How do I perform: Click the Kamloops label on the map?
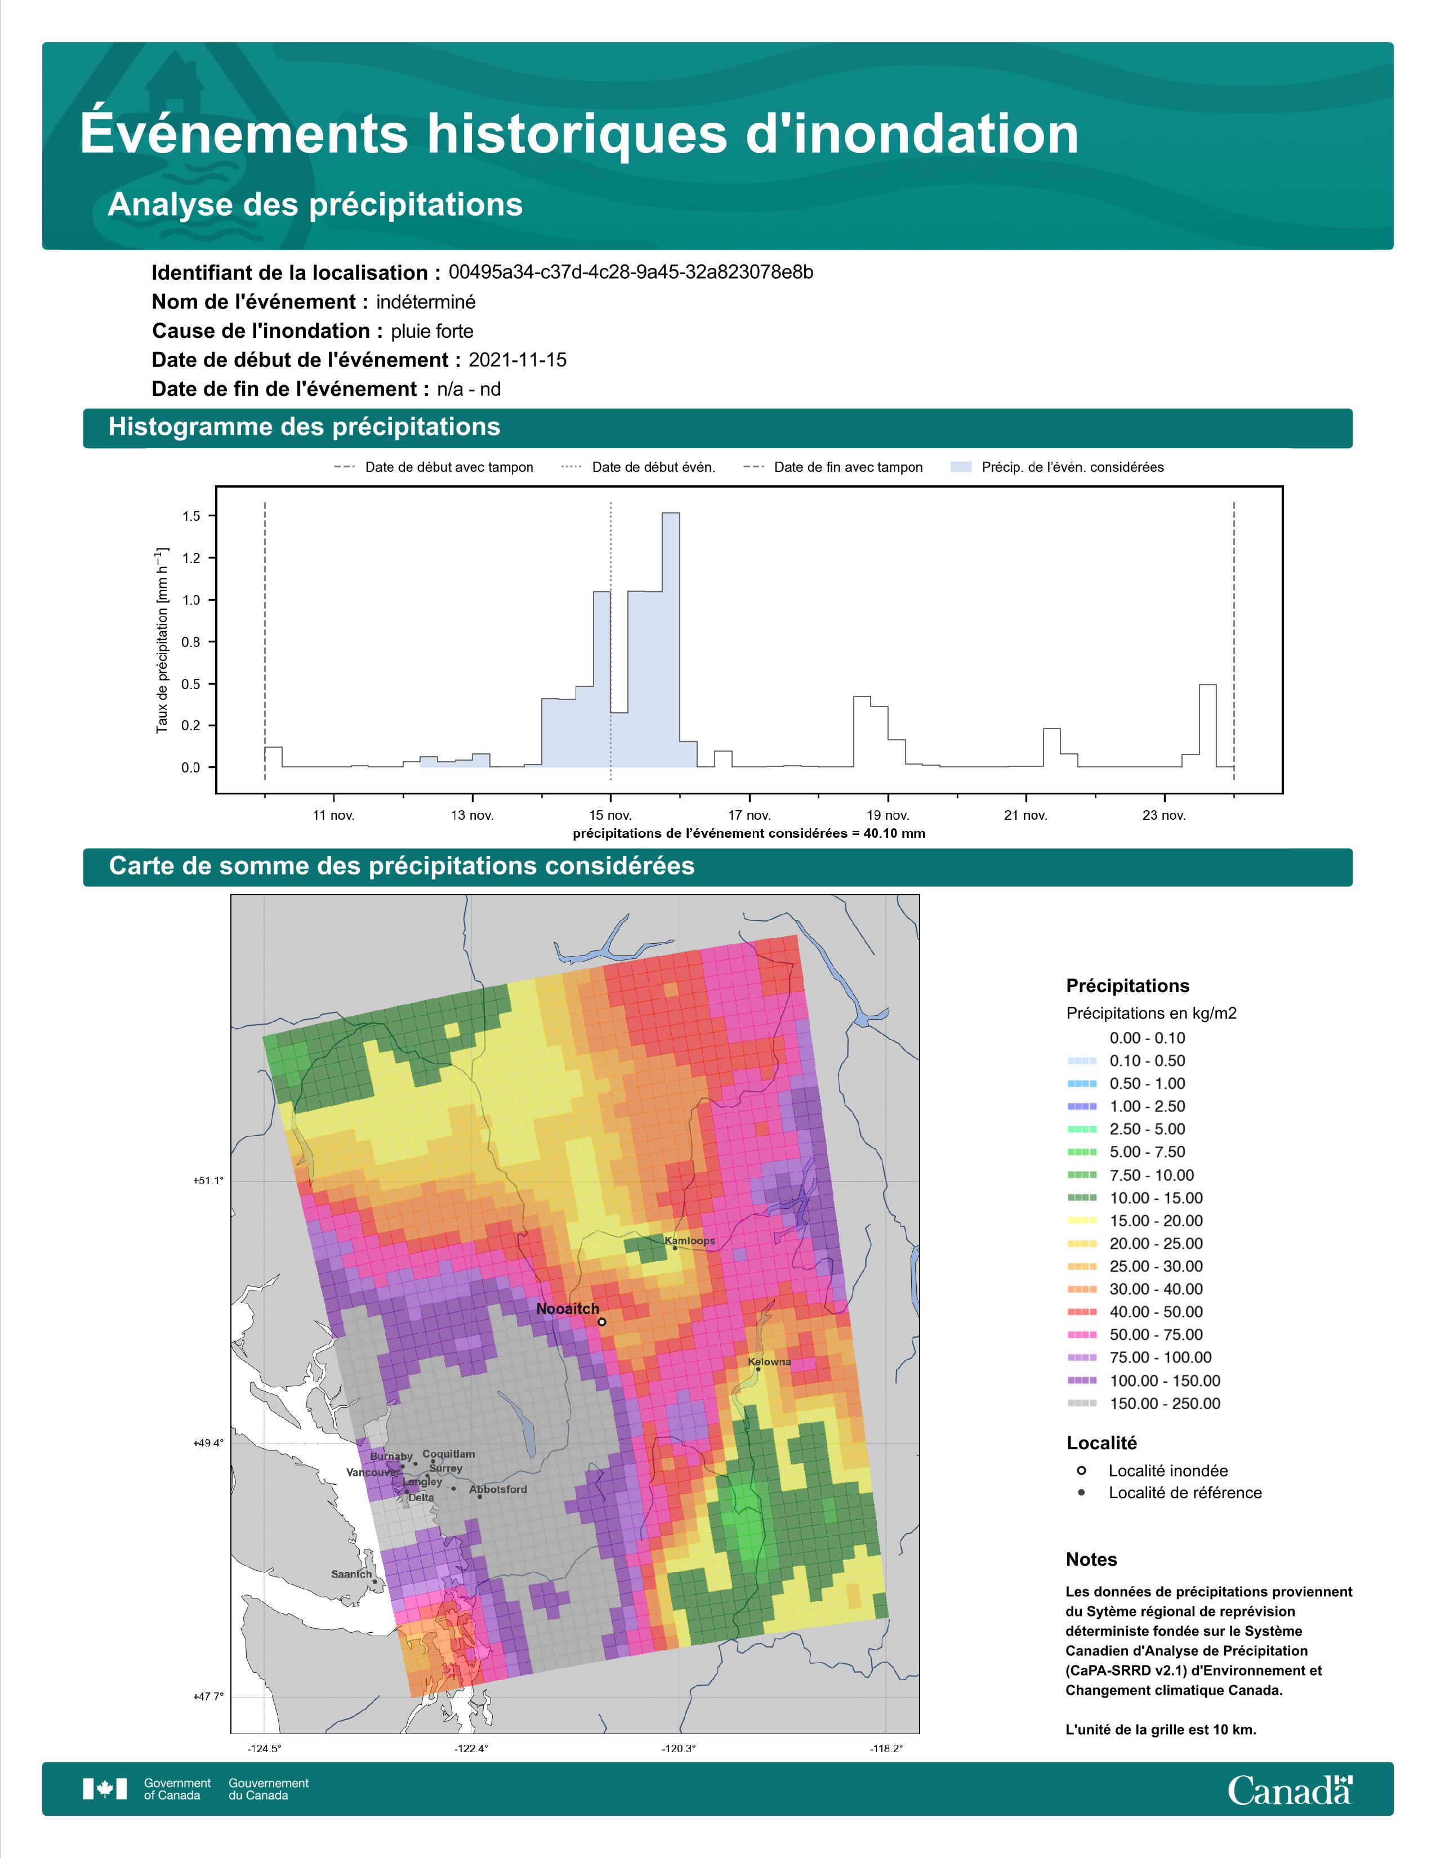tap(690, 1241)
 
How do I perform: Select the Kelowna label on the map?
tap(769, 1362)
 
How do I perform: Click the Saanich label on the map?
tap(351, 1574)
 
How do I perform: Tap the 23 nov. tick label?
tap(1164, 815)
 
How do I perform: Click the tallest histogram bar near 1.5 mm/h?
tap(670, 640)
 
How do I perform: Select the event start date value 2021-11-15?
tap(517, 360)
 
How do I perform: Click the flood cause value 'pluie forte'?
tap(432, 331)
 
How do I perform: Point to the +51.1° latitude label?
tap(208, 1181)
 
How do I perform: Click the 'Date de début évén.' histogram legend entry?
tap(639, 467)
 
